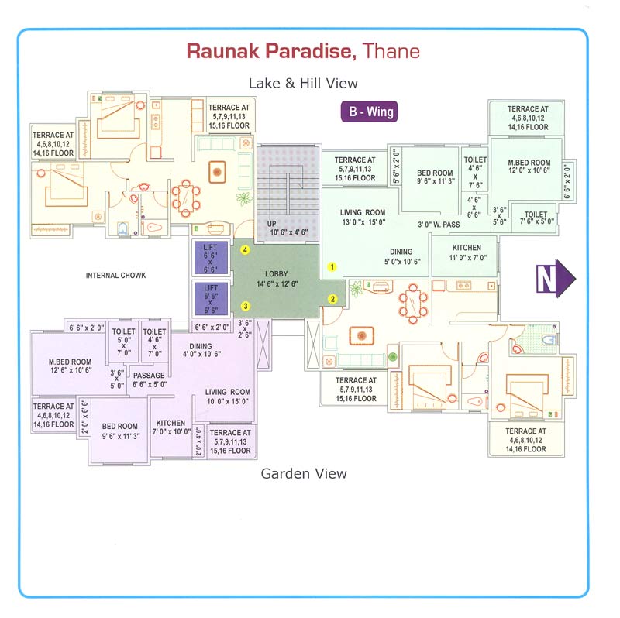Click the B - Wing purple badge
pyautogui.click(x=370, y=112)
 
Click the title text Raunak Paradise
pyautogui.click(x=271, y=52)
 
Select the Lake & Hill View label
pyautogui.click(x=303, y=83)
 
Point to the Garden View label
pyautogui.click(x=303, y=473)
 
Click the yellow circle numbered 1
pyautogui.click(x=332, y=266)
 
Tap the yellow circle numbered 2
pyautogui.click(x=332, y=299)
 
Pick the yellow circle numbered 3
pyautogui.click(x=246, y=305)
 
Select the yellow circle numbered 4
pyautogui.click(x=246, y=250)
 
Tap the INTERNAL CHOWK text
pyautogui.click(x=116, y=275)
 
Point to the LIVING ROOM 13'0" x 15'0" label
pyautogui.click(x=363, y=218)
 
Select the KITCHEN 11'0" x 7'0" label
pyautogui.click(x=467, y=252)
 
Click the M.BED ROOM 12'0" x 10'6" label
pyautogui.click(x=529, y=168)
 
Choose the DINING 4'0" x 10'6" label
pyautogui.click(x=200, y=351)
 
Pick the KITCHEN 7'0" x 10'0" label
pyautogui.click(x=170, y=427)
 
